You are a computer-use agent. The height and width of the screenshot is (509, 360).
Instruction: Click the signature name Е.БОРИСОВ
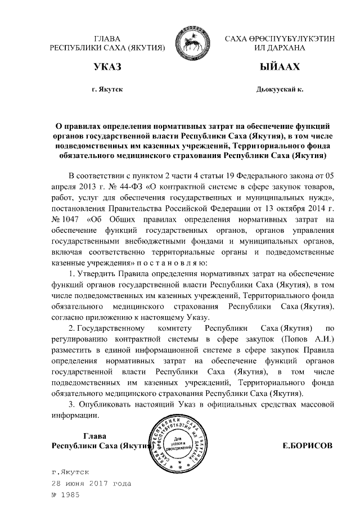tap(307, 445)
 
